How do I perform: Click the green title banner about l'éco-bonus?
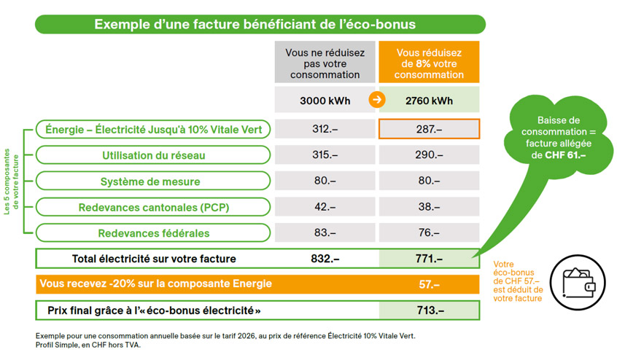click(x=260, y=24)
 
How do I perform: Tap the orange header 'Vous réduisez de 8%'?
click(x=429, y=63)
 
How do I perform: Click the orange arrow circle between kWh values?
click(x=377, y=101)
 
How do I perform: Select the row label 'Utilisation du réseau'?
click(x=153, y=155)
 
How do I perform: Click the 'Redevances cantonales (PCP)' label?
click(x=153, y=208)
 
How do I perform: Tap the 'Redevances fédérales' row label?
click(x=153, y=233)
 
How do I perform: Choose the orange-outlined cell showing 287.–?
click(x=429, y=130)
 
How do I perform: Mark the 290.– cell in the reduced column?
click(x=429, y=155)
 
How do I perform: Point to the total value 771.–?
click(x=429, y=259)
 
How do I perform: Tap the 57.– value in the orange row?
click(x=429, y=284)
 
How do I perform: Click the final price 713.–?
click(x=429, y=310)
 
